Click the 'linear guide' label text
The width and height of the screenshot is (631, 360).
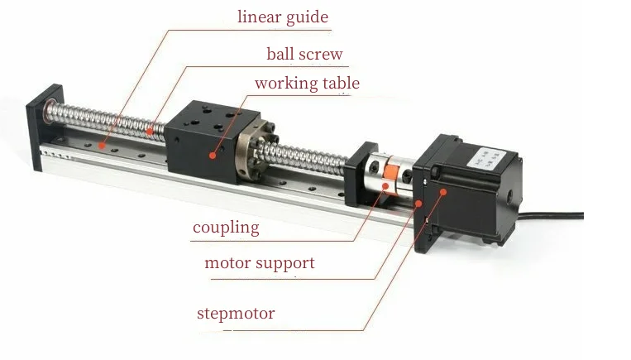point(283,17)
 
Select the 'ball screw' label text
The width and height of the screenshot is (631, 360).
point(304,54)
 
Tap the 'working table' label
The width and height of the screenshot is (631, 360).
point(307,84)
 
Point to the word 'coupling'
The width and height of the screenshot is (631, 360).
point(226,228)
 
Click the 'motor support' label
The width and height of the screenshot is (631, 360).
point(260,263)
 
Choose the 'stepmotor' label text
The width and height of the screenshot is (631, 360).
point(236,314)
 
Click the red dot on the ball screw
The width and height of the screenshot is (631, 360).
point(150,132)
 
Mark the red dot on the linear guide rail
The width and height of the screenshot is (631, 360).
point(103,145)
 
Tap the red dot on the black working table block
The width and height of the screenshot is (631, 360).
point(213,155)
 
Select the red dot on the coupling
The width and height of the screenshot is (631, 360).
point(386,186)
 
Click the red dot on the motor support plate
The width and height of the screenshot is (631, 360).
point(418,204)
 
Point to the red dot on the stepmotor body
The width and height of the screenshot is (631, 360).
point(443,192)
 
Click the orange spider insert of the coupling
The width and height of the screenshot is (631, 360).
point(390,177)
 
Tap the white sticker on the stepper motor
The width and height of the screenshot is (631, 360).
point(485,159)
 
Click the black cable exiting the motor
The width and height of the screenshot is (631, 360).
point(551,216)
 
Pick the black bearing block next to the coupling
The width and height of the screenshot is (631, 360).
point(360,174)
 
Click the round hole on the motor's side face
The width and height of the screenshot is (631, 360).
point(510,197)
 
